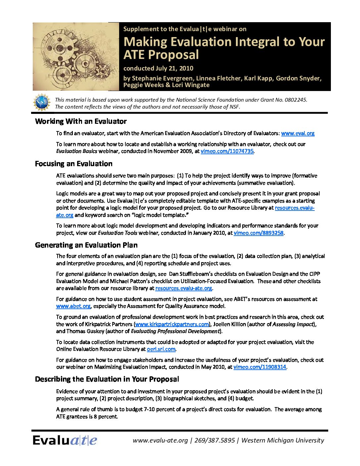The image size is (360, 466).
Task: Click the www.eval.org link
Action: pyautogui.click(x=297, y=133)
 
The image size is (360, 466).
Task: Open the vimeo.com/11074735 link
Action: pyautogui.click(x=227, y=151)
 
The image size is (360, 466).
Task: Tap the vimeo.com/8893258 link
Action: pyautogui.click(x=258, y=233)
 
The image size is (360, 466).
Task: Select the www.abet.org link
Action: pyautogui.click(x=73, y=306)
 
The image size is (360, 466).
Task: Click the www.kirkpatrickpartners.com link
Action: pyautogui.click(x=172, y=324)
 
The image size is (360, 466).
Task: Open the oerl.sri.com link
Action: pyautogui.click(x=161, y=349)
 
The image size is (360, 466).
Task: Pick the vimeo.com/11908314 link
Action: pyautogui.click(x=259, y=367)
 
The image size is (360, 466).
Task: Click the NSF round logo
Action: pyautogui.click(x=42, y=102)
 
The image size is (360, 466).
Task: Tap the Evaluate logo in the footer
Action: pyautogui.click(x=65, y=441)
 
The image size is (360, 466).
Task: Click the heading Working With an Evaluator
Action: pyautogui.click(x=81, y=121)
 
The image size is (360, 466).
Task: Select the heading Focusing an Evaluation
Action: pyautogui.click(x=73, y=164)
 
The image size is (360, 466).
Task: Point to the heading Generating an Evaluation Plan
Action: pyautogui.click(x=86, y=245)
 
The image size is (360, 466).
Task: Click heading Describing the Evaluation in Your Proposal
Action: pyautogui.click(x=107, y=379)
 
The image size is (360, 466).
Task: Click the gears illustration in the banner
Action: pyautogui.click(x=76, y=57)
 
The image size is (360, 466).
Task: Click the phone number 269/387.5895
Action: pyautogui.click(x=215, y=441)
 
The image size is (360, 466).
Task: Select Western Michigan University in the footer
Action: pyautogui.click(x=283, y=441)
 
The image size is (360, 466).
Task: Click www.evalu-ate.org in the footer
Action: pyautogui.click(x=160, y=441)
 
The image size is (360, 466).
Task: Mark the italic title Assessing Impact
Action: pyautogui.click(x=293, y=324)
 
